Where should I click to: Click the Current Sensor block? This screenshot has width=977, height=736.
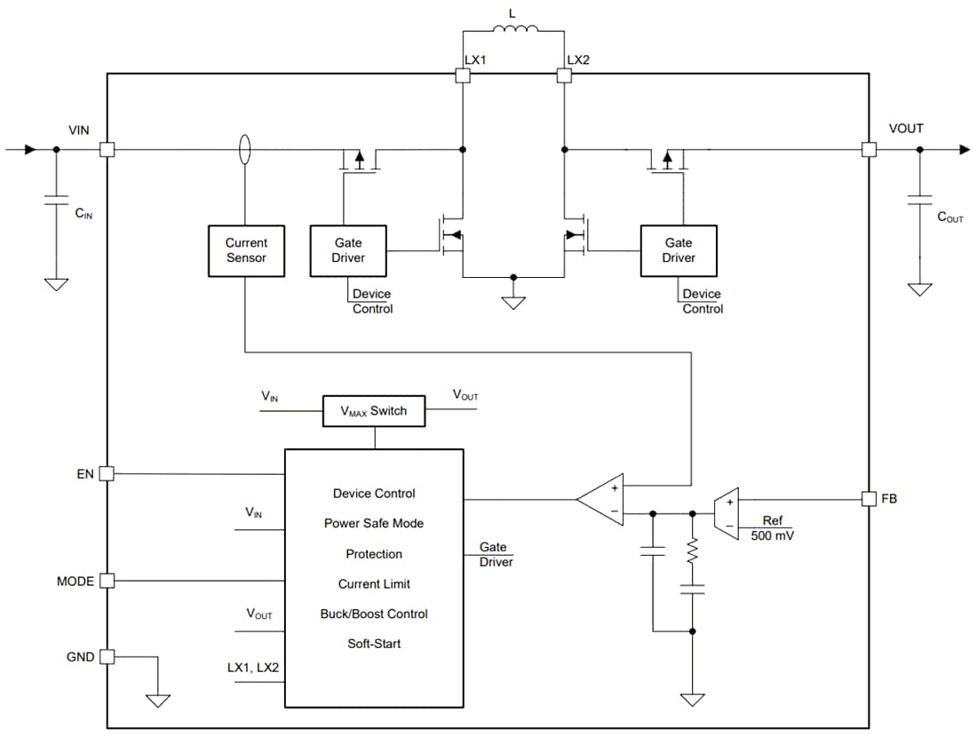click(246, 250)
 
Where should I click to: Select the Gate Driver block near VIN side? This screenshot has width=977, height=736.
click(348, 250)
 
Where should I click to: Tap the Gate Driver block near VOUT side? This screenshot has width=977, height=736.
click(679, 250)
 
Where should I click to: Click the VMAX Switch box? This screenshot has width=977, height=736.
click(374, 411)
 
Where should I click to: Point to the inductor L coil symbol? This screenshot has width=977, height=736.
click(515, 33)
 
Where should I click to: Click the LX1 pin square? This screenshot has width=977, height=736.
click(462, 76)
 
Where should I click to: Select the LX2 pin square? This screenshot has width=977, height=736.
click(563, 76)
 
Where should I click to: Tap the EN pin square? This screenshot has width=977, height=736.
click(107, 473)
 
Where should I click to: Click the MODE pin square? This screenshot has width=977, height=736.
click(107, 581)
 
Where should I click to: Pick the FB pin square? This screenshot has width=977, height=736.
click(868, 499)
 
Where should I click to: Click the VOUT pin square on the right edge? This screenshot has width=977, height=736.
click(868, 150)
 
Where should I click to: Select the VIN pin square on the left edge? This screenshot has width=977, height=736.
click(107, 150)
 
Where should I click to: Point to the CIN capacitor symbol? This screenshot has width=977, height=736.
click(56, 202)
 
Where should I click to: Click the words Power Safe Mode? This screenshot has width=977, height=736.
click(374, 524)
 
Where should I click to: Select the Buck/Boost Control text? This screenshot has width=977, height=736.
click(374, 614)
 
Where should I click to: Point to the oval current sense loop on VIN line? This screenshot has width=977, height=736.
click(245, 150)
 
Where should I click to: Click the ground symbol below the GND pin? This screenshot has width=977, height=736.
click(158, 700)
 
